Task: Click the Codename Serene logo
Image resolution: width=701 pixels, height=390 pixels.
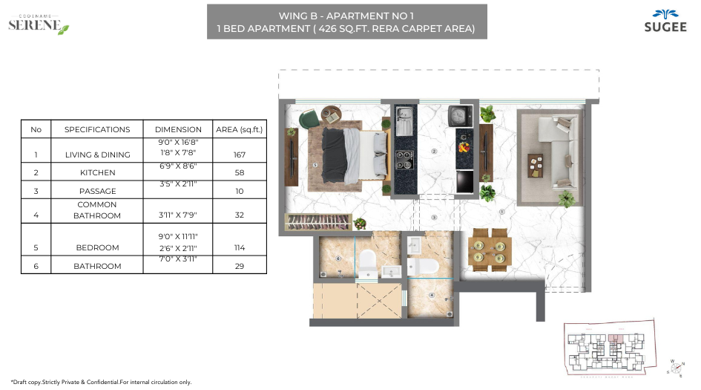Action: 38,24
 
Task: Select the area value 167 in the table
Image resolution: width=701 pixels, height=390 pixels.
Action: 239,155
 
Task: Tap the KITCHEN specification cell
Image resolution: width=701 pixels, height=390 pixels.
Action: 97,172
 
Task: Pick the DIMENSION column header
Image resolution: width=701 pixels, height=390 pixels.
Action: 178,129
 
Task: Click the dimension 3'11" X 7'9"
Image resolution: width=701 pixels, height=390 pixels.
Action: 178,215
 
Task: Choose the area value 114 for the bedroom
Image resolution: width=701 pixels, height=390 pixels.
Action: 239,248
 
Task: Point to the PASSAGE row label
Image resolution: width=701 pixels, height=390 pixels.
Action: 97,191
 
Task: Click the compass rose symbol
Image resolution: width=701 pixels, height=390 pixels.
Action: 676,367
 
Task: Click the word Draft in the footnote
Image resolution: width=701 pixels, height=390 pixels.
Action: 24,382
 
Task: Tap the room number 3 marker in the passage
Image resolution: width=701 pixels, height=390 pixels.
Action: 435,218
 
